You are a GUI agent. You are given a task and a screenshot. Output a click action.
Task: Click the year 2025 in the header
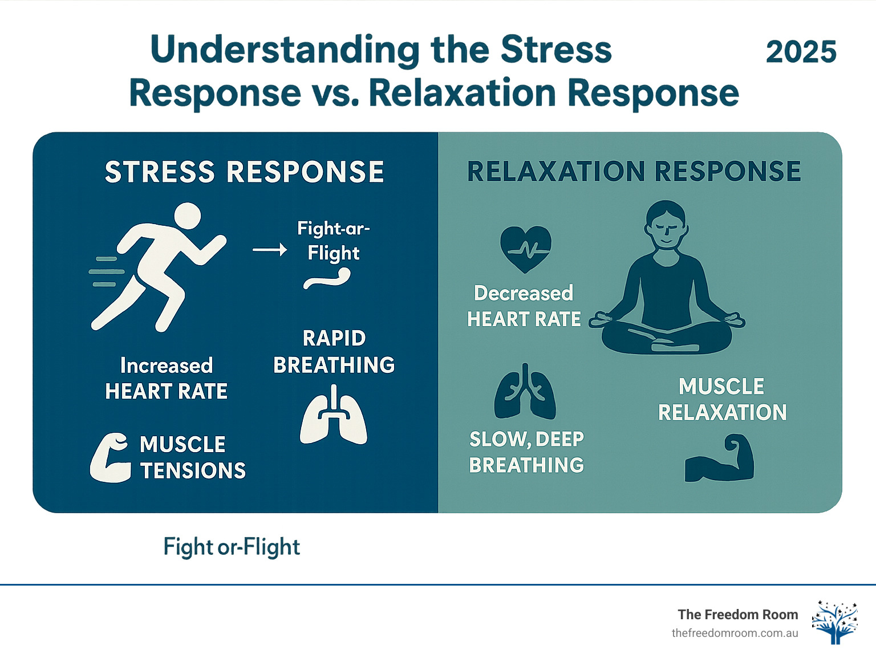(x=801, y=52)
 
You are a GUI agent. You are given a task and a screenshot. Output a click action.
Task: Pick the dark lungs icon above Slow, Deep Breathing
(x=525, y=393)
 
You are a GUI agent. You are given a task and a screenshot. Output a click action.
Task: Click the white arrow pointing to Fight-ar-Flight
(x=270, y=250)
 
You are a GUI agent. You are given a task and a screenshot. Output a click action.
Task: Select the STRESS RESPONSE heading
(x=244, y=172)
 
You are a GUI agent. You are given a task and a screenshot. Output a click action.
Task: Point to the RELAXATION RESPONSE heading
(x=634, y=172)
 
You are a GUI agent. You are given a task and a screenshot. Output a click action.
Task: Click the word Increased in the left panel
(x=167, y=365)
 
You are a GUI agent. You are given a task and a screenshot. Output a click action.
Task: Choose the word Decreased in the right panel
(x=524, y=293)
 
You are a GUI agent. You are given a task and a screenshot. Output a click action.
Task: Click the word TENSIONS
(x=193, y=471)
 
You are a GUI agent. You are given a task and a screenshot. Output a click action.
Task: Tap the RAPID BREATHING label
(x=334, y=351)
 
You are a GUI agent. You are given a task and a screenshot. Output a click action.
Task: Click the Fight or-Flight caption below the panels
(x=232, y=547)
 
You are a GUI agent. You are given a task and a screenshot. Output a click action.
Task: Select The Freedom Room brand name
(x=737, y=614)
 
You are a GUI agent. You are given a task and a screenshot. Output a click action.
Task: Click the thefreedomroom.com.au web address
(x=735, y=633)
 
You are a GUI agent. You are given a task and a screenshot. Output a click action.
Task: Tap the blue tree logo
(x=835, y=622)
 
